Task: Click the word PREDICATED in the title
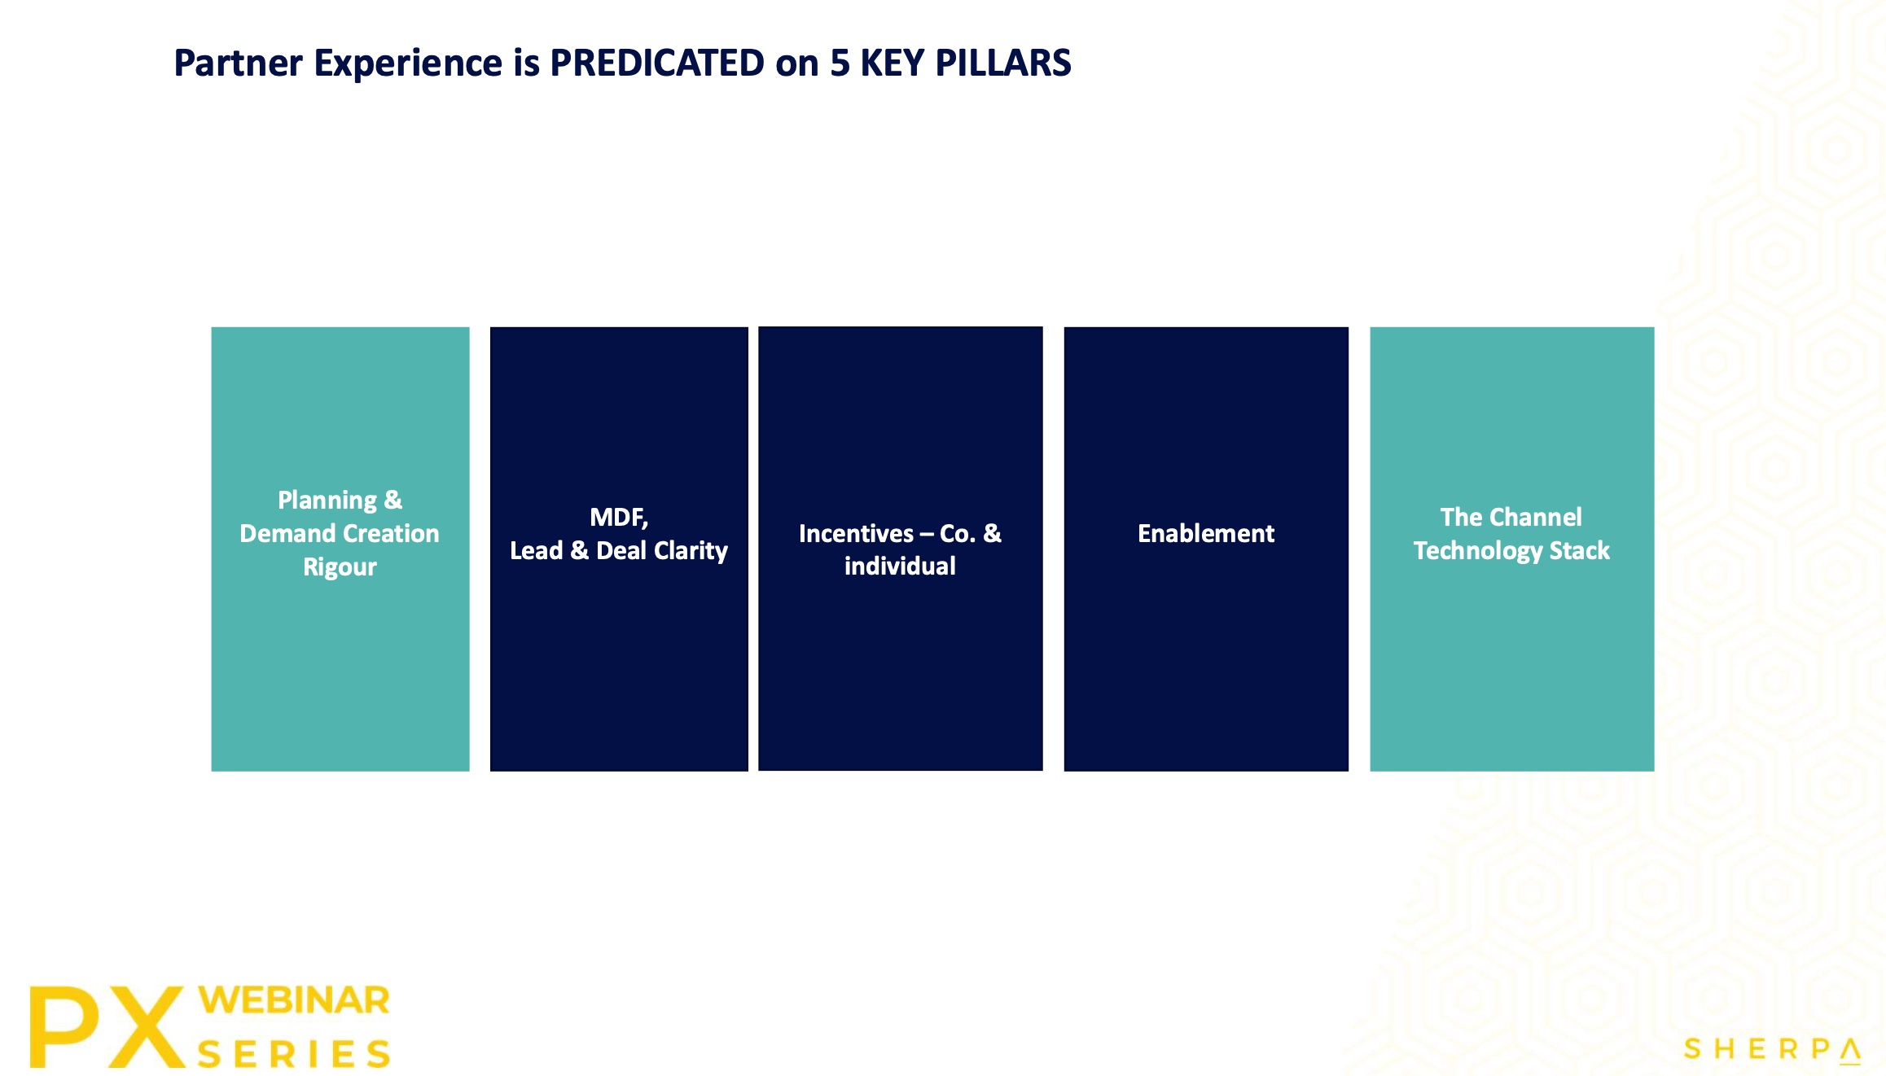coord(657,63)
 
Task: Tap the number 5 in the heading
coord(840,63)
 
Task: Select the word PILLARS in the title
coord(1003,63)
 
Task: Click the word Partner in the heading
coord(239,63)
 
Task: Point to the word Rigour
coord(340,566)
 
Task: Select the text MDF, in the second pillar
coord(619,518)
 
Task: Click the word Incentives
coord(856,534)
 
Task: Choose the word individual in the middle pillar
coord(900,566)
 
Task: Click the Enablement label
coord(1206,534)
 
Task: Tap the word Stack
coord(1580,551)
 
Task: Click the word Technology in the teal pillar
coord(1478,551)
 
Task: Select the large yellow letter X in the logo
coord(145,1026)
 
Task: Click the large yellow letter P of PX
coord(64,1026)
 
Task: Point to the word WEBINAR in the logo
coord(294,1000)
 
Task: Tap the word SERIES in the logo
coord(294,1054)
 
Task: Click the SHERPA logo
coord(1772,1049)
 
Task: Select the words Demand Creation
coord(340,534)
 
